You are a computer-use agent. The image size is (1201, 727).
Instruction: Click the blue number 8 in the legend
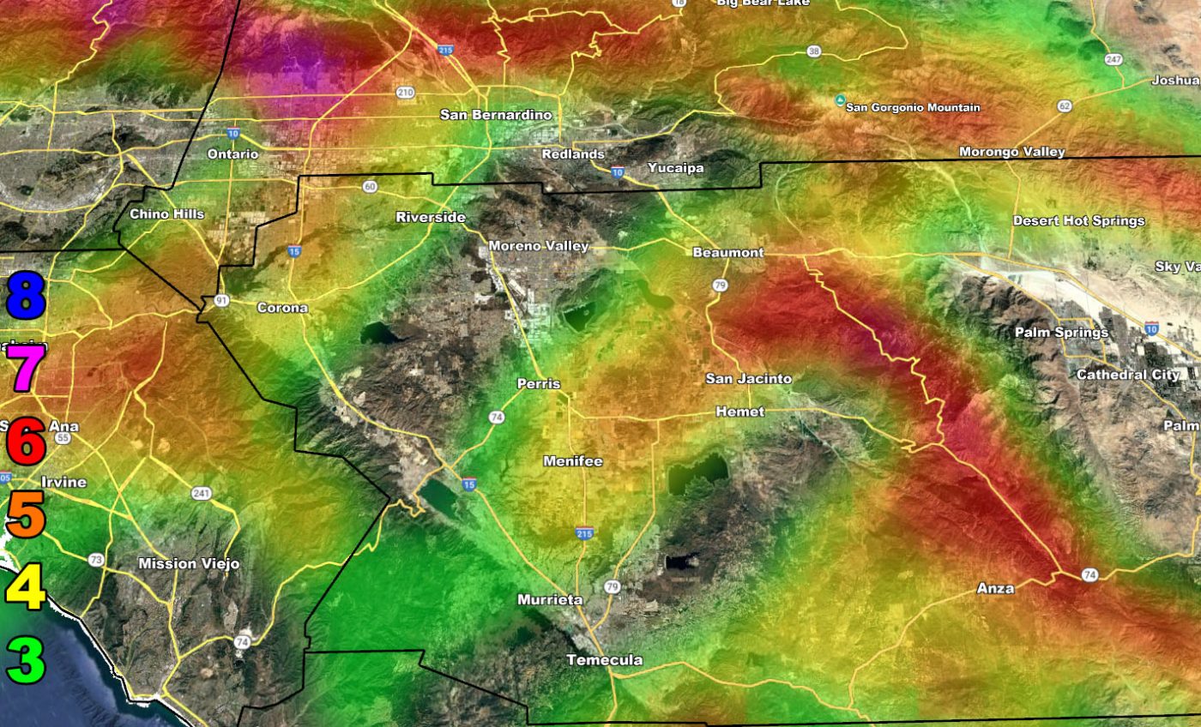pyautogui.click(x=25, y=293)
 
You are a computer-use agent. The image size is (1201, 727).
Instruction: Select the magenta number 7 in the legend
pyautogui.click(x=25, y=367)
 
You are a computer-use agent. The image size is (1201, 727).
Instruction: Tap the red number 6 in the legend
pyautogui.click(x=26, y=442)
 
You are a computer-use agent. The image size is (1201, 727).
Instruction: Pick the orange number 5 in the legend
pyautogui.click(x=26, y=514)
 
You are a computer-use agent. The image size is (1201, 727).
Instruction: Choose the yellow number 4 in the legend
pyautogui.click(x=26, y=587)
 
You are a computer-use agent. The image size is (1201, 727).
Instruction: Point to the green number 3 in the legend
pyautogui.click(x=26, y=660)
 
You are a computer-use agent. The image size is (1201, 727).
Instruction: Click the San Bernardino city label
pyautogui.click(x=496, y=115)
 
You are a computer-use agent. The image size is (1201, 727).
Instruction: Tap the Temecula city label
pyautogui.click(x=604, y=660)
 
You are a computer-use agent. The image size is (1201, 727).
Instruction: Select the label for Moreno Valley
pyautogui.click(x=538, y=246)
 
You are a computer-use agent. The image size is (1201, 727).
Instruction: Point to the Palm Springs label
pyautogui.click(x=1061, y=333)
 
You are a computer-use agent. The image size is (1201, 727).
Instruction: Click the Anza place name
pyautogui.click(x=995, y=588)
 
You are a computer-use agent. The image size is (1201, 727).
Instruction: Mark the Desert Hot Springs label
pyautogui.click(x=1078, y=221)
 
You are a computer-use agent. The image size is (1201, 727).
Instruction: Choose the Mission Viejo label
pyautogui.click(x=189, y=564)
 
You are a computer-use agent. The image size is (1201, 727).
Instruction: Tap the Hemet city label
pyautogui.click(x=739, y=412)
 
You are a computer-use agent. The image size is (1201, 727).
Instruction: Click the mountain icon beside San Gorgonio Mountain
pyautogui.click(x=839, y=100)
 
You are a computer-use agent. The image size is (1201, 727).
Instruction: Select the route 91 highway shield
pyautogui.click(x=221, y=300)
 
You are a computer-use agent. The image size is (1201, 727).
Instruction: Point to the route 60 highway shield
pyautogui.click(x=370, y=187)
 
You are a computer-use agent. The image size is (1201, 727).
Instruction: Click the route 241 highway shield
pyautogui.click(x=202, y=493)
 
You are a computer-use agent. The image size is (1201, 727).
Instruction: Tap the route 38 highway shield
pyautogui.click(x=813, y=52)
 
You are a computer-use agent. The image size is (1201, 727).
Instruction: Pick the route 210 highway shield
pyautogui.click(x=405, y=92)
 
